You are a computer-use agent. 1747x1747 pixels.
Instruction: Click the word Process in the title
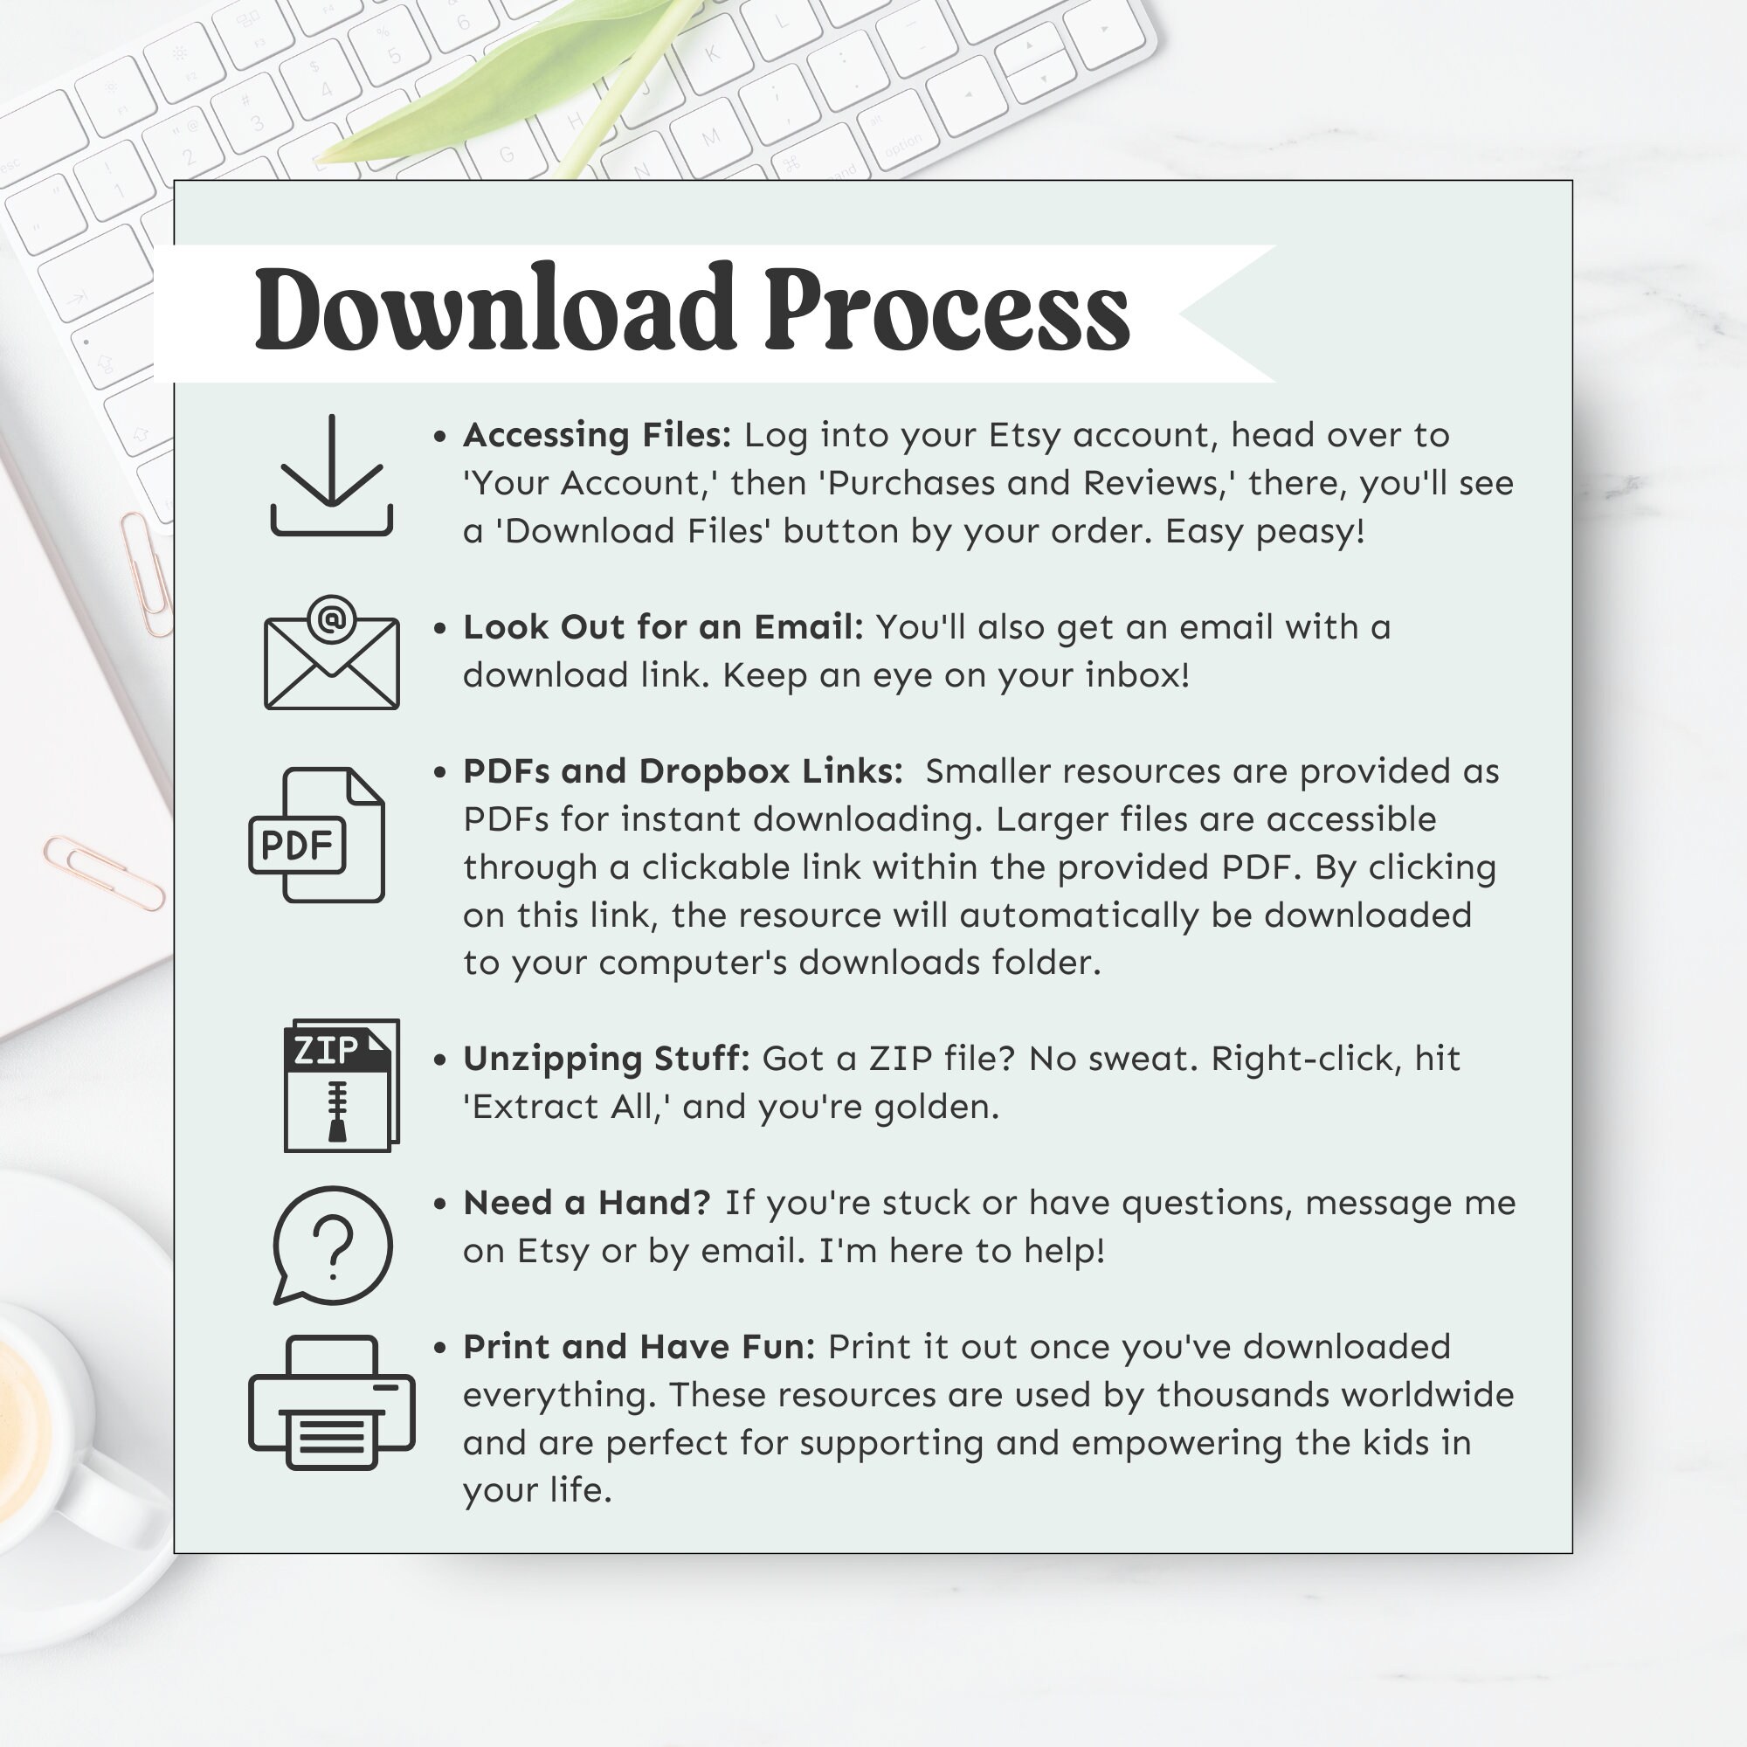[x=947, y=309]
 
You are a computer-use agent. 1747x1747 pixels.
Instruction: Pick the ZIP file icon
[x=341, y=1085]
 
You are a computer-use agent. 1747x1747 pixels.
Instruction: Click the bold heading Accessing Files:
[x=597, y=436]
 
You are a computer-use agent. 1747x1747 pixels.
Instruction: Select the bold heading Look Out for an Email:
[x=664, y=627]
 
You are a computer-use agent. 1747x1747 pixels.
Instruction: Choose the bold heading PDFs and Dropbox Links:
[x=683, y=771]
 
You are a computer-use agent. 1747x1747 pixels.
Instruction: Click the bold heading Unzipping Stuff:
[x=606, y=1059]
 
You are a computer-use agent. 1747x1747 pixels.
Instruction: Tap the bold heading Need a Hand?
[x=587, y=1204]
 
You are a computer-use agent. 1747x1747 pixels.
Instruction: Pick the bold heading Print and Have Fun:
[x=639, y=1347]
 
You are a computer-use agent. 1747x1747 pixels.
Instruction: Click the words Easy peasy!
[x=1264, y=532]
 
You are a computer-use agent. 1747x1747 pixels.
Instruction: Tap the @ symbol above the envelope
[x=332, y=619]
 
